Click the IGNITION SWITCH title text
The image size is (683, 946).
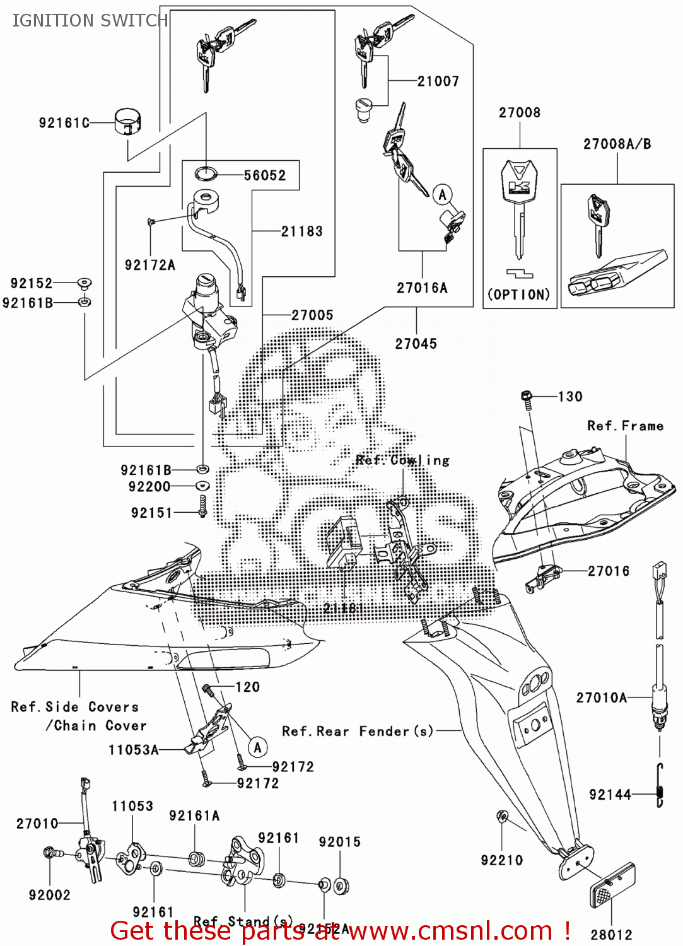[90, 21]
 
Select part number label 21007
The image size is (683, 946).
[438, 81]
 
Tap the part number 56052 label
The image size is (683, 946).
[265, 175]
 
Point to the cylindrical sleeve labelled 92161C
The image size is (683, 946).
[127, 122]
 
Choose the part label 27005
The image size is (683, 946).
[312, 315]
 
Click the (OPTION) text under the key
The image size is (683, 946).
[519, 295]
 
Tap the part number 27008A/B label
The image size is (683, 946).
[617, 144]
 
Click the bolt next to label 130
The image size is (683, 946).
[527, 397]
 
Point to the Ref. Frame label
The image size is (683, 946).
[625, 426]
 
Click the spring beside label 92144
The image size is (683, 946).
[660, 785]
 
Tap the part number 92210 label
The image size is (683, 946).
[501, 860]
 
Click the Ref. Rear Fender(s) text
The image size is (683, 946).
[358, 732]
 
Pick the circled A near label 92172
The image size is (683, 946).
[257, 748]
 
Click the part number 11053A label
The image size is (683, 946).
[133, 750]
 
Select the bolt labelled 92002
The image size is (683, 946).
[50, 854]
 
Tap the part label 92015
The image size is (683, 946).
[339, 842]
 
